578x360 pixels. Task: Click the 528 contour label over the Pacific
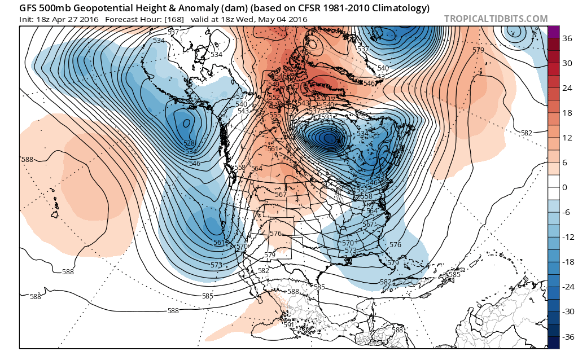[189, 144]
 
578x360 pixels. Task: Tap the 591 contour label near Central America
[288, 324]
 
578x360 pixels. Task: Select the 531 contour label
[327, 117]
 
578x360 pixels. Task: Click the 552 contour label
[274, 98]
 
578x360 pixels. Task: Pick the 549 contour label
[273, 85]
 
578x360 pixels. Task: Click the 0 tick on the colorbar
[563, 187]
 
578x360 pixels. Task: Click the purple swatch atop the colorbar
[554, 32]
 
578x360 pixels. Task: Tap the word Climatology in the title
[403, 8]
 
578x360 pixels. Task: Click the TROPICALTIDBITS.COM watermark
[496, 19]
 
